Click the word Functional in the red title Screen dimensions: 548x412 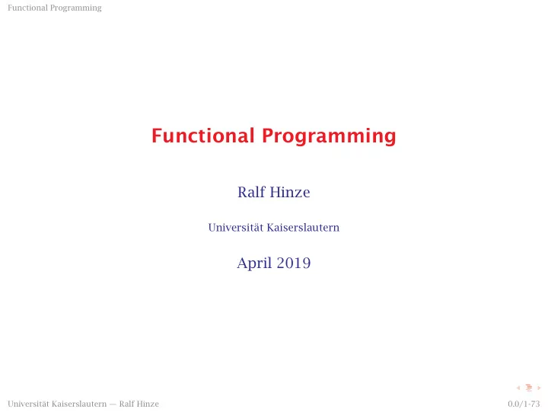(x=203, y=136)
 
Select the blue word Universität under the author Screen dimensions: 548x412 (x=235, y=228)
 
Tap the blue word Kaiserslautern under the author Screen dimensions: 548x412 (x=303, y=228)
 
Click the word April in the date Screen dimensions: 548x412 (x=254, y=263)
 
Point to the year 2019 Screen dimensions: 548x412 (x=294, y=263)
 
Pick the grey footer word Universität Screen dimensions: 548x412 (x=28, y=404)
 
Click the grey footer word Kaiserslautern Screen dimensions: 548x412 (x=79, y=404)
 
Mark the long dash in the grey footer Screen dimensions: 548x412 (x=113, y=404)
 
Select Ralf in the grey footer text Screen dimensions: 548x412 (x=127, y=404)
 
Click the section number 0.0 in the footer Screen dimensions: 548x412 (x=514, y=404)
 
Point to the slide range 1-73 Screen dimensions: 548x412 (x=531, y=404)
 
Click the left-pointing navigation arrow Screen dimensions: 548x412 (x=518, y=388)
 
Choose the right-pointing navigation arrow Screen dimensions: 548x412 (x=539, y=388)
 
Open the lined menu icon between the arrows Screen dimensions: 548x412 (x=529, y=388)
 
